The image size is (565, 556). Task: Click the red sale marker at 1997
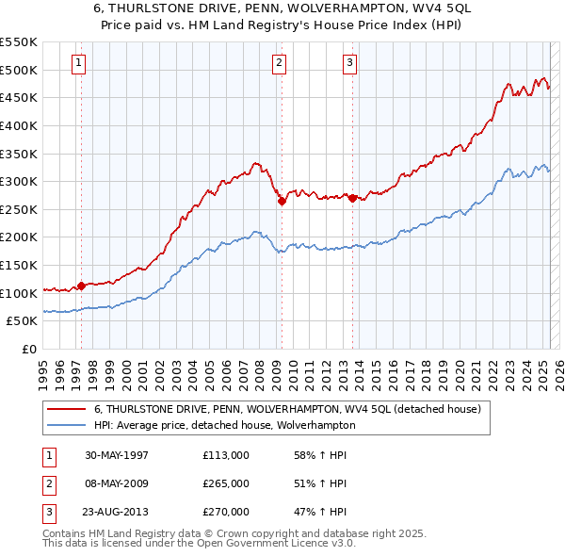(82, 286)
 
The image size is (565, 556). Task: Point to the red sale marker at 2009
(282, 201)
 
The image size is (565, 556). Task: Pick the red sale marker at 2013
(352, 198)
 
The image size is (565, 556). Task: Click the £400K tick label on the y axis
(19, 125)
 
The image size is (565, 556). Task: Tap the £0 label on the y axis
(29, 350)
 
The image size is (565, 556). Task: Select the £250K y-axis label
(19, 209)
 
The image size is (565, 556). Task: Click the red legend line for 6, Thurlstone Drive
(66, 409)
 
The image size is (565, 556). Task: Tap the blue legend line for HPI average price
(66, 425)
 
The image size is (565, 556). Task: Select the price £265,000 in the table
(226, 483)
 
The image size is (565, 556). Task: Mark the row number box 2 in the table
(46, 483)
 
